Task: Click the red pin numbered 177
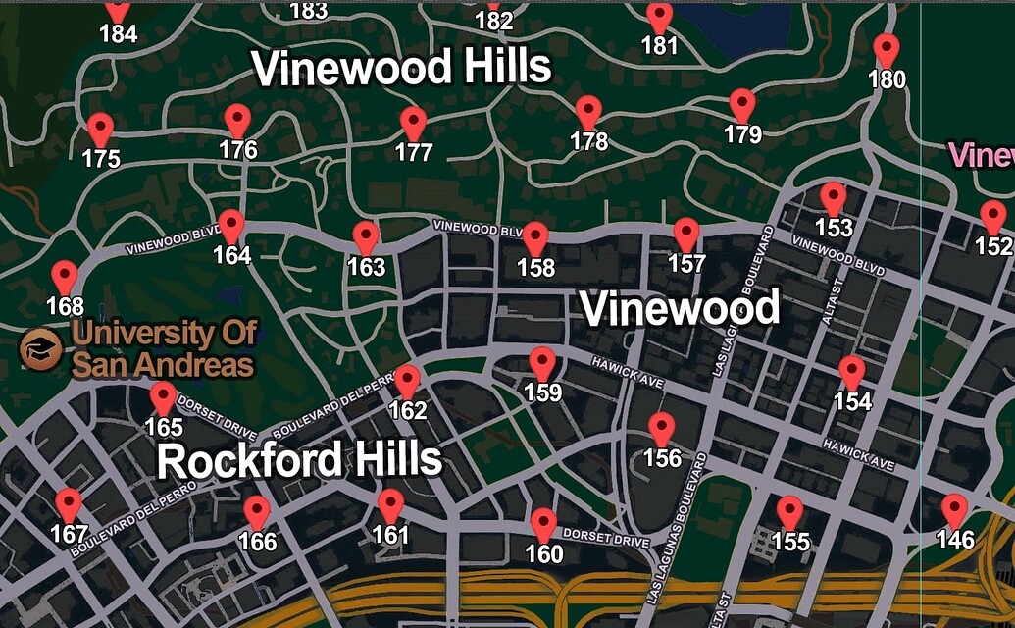click(x=414, y=122)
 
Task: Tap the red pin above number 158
click(x=535, y=236)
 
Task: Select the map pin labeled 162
click(x=407, y=380)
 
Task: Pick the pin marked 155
click(x=789, y=510)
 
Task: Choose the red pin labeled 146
click(x=954, y=509)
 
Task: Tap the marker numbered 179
click(x=742, y=103)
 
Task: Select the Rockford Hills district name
click(x=299, y=460)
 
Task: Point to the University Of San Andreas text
click(x=164, y=349)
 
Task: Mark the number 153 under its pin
click(x=834, y=229)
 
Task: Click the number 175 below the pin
click(x=101, y=159)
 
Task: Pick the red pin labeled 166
click(x=257, y=511)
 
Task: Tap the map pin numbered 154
click(x=852, y=371)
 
